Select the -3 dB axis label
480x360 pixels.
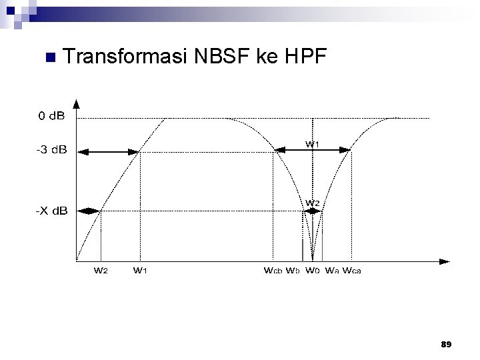51,150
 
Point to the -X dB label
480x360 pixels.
51,211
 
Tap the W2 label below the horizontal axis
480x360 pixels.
101,271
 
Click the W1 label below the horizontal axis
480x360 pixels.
141,271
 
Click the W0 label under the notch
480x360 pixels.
313,271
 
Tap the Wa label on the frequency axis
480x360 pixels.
332,271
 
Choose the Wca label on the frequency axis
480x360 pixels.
352,271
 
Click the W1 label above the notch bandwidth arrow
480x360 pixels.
313,144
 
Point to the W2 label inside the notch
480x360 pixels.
313,203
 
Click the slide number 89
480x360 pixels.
446,344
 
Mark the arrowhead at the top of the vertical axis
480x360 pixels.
76,104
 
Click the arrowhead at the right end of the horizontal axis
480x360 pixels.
443,259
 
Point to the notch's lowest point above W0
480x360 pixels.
313,256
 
